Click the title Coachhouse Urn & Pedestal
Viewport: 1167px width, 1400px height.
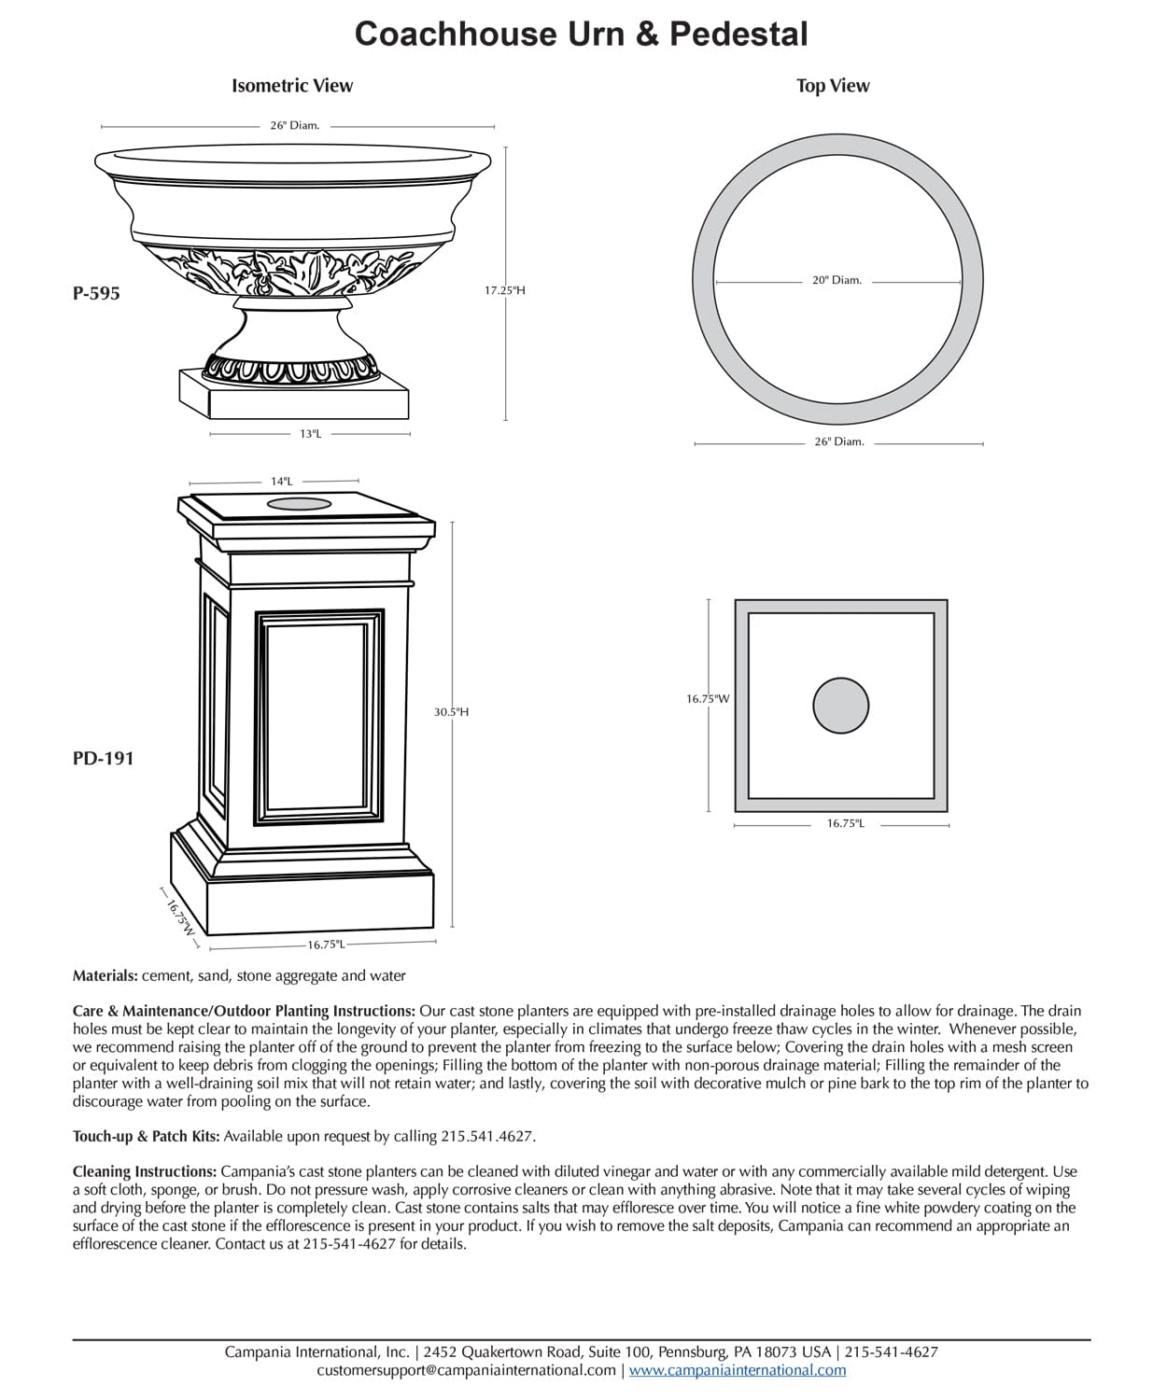coord(581,35)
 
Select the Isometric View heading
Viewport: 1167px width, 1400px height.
coord(292,86)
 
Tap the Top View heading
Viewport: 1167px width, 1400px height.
coord(832,86)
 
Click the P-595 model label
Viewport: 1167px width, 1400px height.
coord(96,293)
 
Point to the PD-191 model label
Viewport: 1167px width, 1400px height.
coord(103,759)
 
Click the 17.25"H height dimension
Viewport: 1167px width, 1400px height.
coord(504,290)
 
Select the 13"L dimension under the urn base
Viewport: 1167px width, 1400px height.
coord(311,434)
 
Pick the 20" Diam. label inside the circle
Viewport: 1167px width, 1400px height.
coord(837,280)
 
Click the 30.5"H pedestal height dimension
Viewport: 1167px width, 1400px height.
coord(451,712)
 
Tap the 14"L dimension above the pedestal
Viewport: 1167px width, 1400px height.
coord(282,482)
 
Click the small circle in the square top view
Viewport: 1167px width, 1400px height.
coord(840,706)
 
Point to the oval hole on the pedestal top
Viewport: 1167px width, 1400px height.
coord(299,504)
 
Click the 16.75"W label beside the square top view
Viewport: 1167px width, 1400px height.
coord(708,698)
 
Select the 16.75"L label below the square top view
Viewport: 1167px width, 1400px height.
coord(845,824)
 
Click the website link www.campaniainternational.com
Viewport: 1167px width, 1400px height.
coord(738,1370)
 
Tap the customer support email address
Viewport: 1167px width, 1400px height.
coord(466,1370)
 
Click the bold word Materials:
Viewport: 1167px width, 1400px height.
coord(105,976)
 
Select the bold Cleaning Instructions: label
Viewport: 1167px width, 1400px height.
coord(145,1171)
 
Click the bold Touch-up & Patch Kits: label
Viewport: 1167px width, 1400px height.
coord(147,1136)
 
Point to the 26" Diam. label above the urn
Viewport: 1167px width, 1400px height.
coord(295,125)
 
